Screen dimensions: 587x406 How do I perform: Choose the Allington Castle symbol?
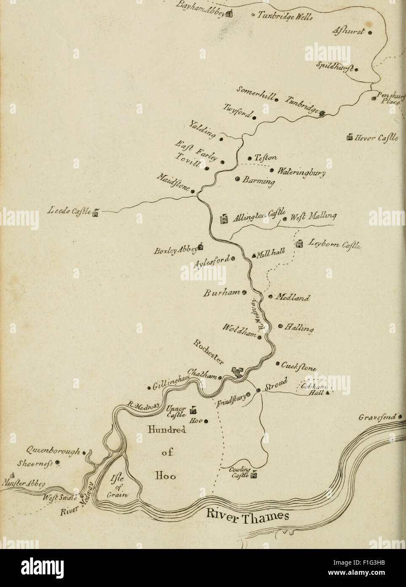224,219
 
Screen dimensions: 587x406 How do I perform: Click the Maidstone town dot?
193,192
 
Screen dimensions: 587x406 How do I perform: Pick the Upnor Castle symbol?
194,409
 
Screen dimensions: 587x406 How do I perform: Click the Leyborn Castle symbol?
299,244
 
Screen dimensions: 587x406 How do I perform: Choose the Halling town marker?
280,326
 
